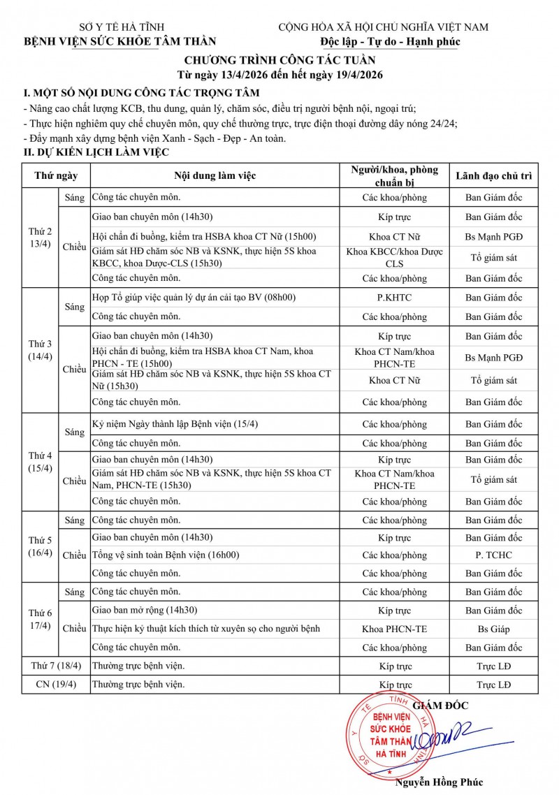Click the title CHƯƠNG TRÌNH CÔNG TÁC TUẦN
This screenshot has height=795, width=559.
tap(279, 60)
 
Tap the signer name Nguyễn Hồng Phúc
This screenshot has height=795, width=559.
tap(439, 782)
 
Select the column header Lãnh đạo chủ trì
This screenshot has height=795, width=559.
tap(493, 175)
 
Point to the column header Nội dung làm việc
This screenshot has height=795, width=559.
tap(215, 175)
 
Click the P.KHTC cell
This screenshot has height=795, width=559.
tap(394, 298)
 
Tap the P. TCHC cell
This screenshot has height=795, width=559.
tap(493, 555)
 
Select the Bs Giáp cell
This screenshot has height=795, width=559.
tap(493, 629)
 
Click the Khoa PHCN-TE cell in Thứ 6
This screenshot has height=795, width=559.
tap(394, 629)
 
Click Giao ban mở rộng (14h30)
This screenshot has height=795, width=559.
tap(145, 610)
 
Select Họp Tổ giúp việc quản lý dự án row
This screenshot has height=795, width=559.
tap(194, 298)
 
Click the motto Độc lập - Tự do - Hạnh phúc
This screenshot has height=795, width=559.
tap(385, 41)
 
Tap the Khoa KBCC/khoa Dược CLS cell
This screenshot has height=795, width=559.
tap(394, 258)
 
